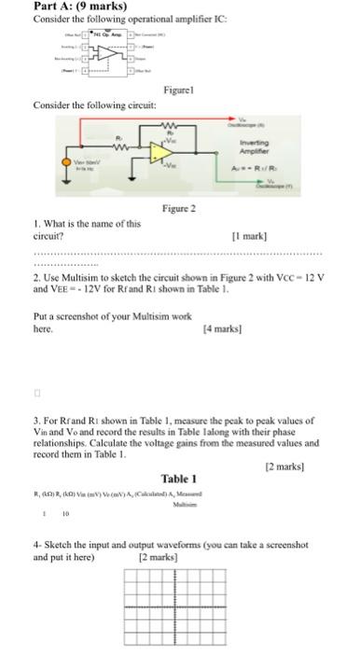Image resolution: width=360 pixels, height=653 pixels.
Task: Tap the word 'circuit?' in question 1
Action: click(x=48, y=236)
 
